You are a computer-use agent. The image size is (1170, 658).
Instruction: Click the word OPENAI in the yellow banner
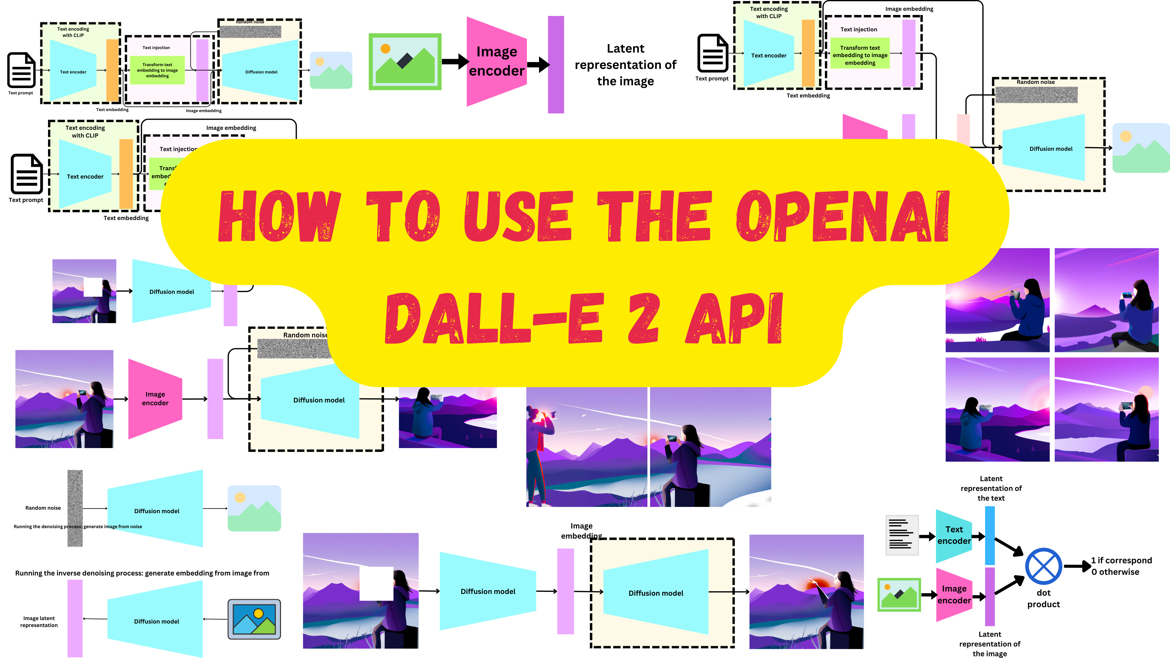pos(843,216)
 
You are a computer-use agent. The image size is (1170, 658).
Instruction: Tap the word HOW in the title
pos(279,216)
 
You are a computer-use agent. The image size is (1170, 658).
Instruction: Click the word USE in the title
pos(518,216)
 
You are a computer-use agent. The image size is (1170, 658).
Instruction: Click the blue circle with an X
pos(1043,566)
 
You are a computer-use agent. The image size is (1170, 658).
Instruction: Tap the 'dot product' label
pos(1043,598)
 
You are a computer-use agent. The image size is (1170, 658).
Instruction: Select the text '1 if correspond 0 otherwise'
pos(1121,566)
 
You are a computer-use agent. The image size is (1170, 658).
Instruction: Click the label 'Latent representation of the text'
pos(991,488)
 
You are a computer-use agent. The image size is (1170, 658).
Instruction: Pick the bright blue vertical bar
pos(990,535)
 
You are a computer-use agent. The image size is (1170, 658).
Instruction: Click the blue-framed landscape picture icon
pos(254,619)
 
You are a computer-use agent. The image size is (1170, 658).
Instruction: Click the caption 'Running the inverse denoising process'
pos(142,573)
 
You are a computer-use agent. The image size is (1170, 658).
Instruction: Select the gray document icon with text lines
pos(902,535)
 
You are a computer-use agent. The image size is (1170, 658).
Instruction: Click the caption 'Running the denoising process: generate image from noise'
pos(78,527)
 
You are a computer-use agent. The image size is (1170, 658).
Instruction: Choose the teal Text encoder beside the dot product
pos(954,535)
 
